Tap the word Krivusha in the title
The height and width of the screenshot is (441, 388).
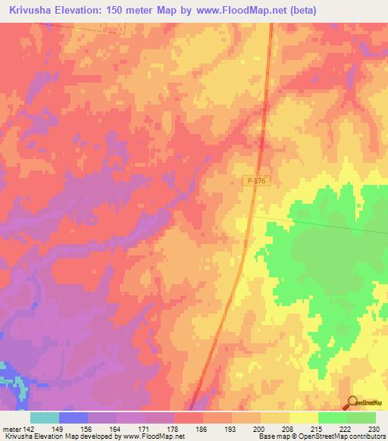click(31, 11)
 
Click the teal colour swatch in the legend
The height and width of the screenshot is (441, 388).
click(45, 418)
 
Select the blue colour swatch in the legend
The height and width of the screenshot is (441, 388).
click(74, 418)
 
